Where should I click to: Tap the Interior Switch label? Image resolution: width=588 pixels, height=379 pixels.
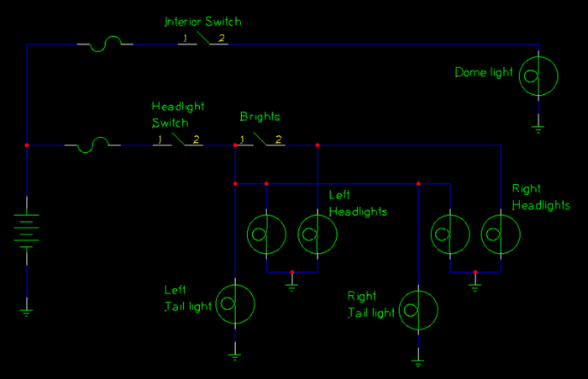coord(207,21)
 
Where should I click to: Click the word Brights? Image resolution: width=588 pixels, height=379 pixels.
coord(260,117)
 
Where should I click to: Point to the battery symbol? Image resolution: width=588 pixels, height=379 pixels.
coord(27,229)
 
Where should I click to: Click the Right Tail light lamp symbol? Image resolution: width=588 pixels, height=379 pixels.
coord(418,309)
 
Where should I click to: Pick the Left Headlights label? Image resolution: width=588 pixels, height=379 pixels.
coord(358,203)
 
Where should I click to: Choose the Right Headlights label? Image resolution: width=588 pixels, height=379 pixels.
coord(540,197)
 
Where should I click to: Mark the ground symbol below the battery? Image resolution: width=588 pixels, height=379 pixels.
coord(27,312)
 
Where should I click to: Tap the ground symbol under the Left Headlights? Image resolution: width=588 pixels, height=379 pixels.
coord(291,286)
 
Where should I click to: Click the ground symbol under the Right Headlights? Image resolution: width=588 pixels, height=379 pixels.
coord(475,286)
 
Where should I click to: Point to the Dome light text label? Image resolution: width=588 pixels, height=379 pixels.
coord(484,73)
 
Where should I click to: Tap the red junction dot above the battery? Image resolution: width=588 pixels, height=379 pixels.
coord(27,145)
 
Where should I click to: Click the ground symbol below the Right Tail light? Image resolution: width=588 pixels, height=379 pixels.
coord(418,362)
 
